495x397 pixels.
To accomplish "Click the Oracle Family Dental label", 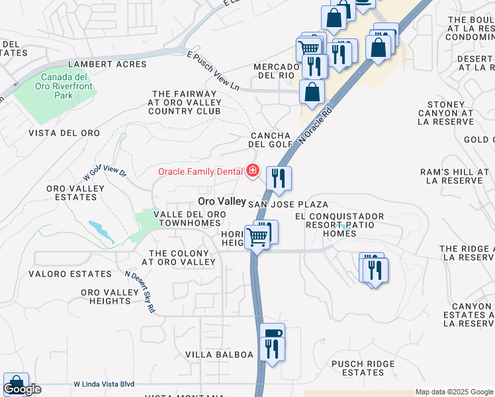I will click(200, 172).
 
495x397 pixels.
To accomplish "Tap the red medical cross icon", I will click(252, 171).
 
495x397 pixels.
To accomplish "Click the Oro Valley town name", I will click(222, 201).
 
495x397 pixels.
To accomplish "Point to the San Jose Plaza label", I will click(289, 205).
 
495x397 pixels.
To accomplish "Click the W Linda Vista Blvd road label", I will click(104, 384).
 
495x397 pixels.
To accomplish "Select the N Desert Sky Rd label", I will click(141, 292).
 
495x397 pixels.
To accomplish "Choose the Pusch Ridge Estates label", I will click(363, 368).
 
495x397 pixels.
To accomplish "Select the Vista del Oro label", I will click(64, 133).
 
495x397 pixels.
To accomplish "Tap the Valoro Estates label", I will click(69, 273).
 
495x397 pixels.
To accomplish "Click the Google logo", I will click(22, 390).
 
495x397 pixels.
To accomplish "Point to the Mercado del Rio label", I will click(277, 71).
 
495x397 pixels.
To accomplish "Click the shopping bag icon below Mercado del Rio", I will click(312, 93).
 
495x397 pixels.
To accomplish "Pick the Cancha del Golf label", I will click(270, 139).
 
